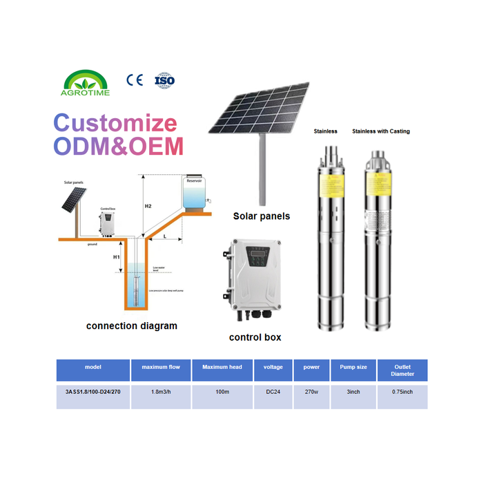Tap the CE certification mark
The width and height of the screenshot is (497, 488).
(x=134, y=80)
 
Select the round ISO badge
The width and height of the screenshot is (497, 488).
(x=164, y=80)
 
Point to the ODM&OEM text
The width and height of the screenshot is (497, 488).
(x=119, y=146)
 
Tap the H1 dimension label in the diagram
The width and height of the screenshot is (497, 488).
(x=117, y=257)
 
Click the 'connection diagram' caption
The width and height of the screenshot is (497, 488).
(x=131, y=326)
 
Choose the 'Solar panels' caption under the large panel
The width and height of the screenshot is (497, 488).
(x=262, y=216)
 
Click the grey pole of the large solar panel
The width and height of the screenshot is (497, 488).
(x=262, y=166)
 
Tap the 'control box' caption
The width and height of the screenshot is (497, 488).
(x=255, y=337)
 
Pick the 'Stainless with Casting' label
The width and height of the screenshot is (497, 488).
(x=380, y=131)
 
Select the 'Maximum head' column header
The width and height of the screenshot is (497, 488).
(x=222, y=367)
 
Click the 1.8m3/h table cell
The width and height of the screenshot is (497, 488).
(x=161, y=392)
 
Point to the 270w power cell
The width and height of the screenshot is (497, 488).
(x=311, y=392)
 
